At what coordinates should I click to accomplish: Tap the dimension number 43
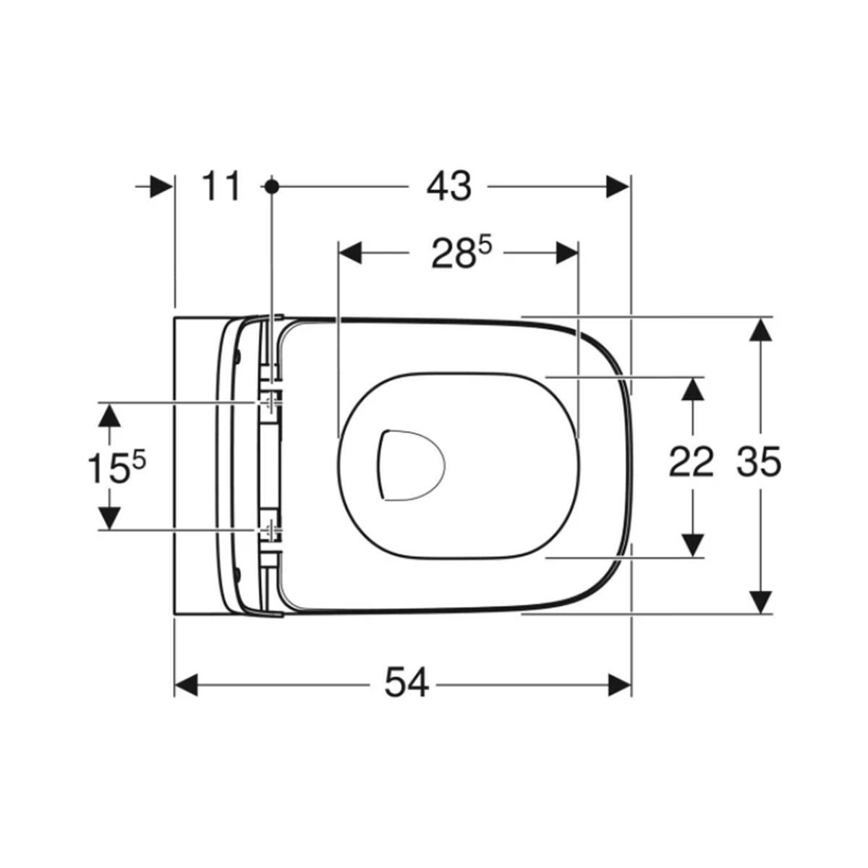[449, 187]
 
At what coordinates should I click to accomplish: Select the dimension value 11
[221, 187]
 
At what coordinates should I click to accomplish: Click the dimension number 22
[691, 461]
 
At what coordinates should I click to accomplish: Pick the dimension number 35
[759, 461]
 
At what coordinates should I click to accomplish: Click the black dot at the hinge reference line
[271, 186]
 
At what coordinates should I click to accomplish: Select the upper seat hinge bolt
[271, 401]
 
